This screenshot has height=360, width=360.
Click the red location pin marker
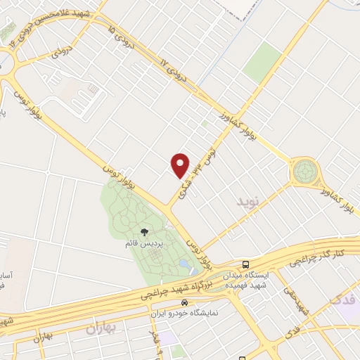[x=181, y=165]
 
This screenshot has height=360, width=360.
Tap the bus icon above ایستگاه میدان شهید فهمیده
[x=245, y=264]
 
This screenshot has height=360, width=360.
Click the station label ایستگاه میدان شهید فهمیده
[x=245, y=280]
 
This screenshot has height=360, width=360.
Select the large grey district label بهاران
[x=99, y=328]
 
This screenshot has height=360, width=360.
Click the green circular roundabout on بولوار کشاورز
[x=306, y=169]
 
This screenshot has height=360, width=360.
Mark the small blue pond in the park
[x=184, y=264]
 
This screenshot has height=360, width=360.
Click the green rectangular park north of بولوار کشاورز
[x=262, y=62]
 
